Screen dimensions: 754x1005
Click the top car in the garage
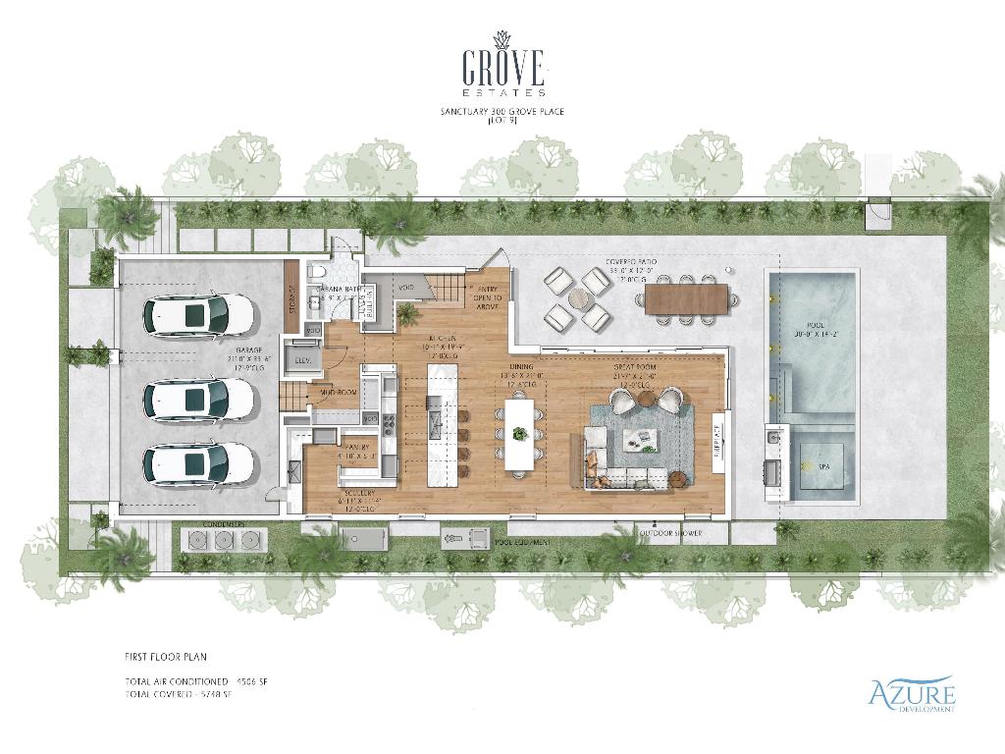click(199, 316)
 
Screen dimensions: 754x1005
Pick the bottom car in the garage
click(199, 463)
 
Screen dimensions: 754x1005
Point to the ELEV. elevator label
click(302, 361)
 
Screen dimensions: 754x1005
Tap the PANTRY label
click(356, 448)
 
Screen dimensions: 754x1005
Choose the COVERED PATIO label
click(630, 261)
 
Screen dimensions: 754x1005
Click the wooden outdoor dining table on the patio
click(686, 298)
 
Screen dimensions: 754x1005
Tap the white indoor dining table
click(519, 433)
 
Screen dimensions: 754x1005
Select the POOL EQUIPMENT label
click(521, 542)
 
